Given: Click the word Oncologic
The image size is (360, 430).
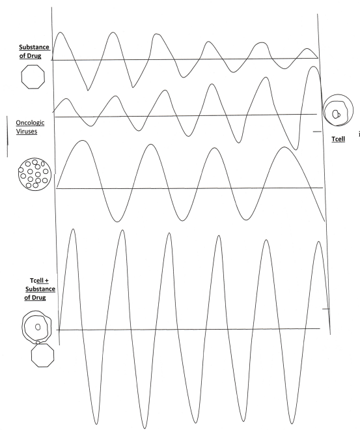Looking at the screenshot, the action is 30,122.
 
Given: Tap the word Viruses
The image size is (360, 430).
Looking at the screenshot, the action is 27,131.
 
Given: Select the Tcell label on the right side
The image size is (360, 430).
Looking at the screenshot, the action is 338,139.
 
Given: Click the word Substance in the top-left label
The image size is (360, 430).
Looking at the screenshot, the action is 34,47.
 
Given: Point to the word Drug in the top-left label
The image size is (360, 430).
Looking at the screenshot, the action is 34,55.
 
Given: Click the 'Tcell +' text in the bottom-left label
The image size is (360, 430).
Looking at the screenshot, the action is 39,281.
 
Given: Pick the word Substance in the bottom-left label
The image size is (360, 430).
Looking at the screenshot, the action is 40,289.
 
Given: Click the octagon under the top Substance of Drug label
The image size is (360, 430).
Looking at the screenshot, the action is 33,77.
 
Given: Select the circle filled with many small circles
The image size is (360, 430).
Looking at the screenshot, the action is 34,174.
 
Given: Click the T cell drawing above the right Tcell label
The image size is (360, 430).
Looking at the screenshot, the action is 338,110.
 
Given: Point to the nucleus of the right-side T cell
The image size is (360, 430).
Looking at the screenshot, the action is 336,114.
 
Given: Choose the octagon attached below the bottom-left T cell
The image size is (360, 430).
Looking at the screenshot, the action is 42,356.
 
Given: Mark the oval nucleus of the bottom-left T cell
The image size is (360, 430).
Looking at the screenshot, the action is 38,327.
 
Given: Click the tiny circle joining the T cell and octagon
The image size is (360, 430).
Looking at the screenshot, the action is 38,343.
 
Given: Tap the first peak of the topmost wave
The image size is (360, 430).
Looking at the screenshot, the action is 61,33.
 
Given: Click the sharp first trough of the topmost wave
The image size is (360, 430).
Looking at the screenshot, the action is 88,90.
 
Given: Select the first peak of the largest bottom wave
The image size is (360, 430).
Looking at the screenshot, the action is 73,229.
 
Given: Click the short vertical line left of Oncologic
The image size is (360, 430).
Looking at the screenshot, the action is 7,136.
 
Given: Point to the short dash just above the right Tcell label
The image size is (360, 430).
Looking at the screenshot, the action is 317,132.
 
